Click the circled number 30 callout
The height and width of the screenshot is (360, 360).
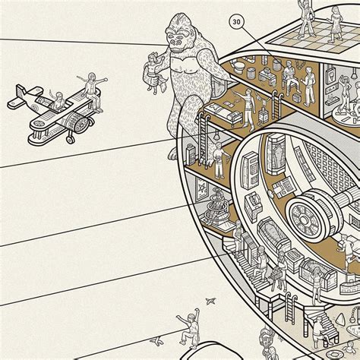pyautogui.click(x=236, y=22)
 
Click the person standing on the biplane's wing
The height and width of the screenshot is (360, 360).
pyautogui.click(x=93, y=92)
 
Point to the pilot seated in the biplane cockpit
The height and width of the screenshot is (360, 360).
pyautogui.click(x=58, y=100)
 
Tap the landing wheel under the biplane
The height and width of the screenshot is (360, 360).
pyautogui.click(x=70, y=139)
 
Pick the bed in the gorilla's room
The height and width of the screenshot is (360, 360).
pyautogui.click(x=223, y=113)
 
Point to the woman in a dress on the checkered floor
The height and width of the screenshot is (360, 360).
pyautogui.click(x=336, y=24)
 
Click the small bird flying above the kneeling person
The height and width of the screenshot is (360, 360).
pyautogui.click(x=210, y=301)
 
